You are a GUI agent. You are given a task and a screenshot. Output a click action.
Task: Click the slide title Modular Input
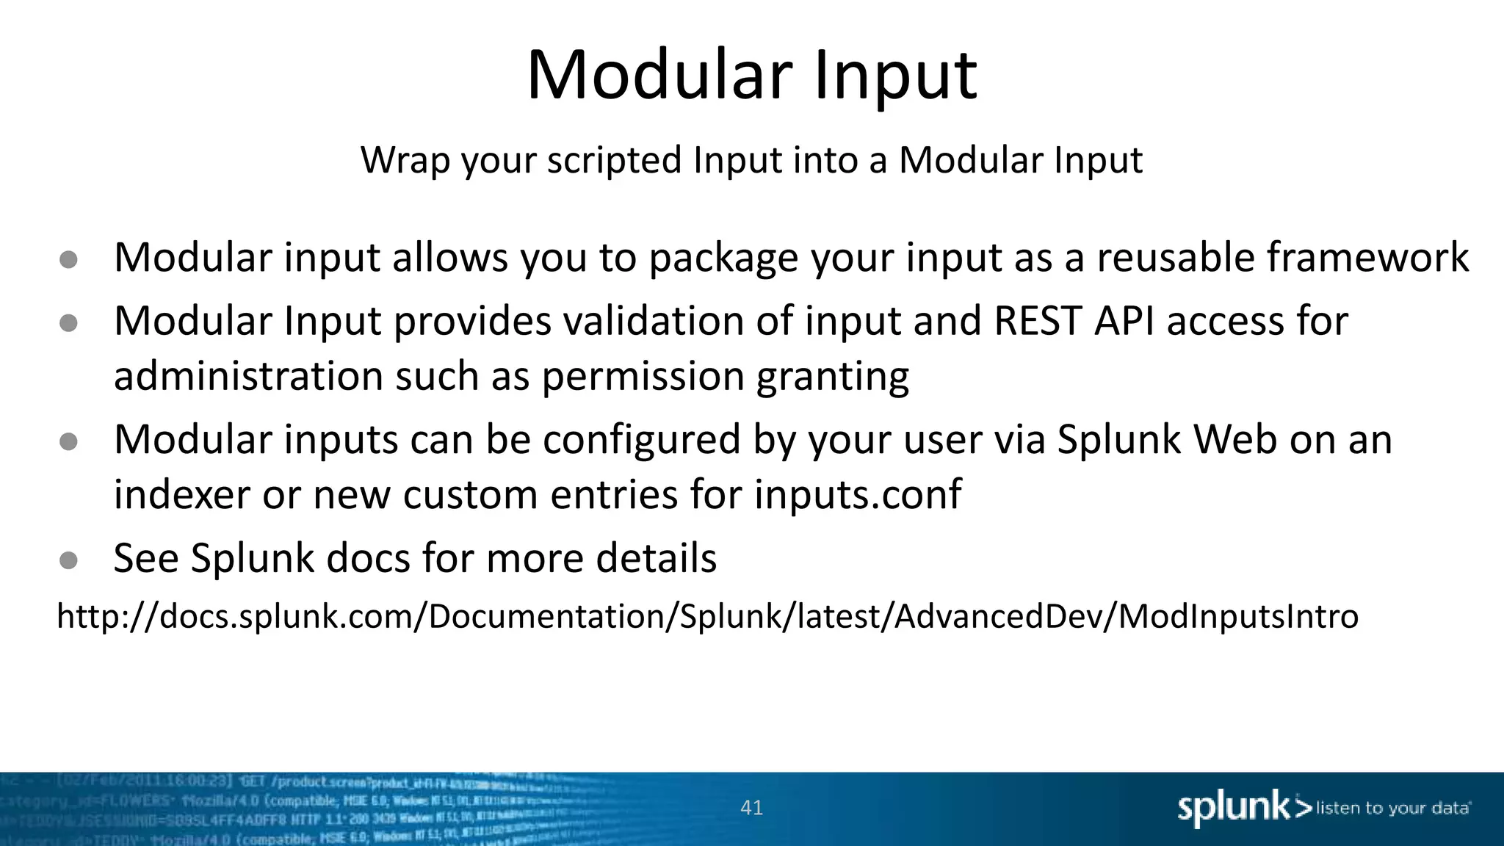751,75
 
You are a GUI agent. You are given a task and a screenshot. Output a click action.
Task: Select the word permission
643,377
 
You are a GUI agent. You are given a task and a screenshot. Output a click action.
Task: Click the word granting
832,377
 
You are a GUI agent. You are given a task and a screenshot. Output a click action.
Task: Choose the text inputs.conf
857,494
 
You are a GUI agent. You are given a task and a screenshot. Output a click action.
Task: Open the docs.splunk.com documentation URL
707,616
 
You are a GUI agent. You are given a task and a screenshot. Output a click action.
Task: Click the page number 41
751,808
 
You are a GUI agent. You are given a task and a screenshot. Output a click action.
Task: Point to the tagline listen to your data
1392,809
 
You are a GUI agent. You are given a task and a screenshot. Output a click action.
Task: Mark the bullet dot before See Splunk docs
68,561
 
